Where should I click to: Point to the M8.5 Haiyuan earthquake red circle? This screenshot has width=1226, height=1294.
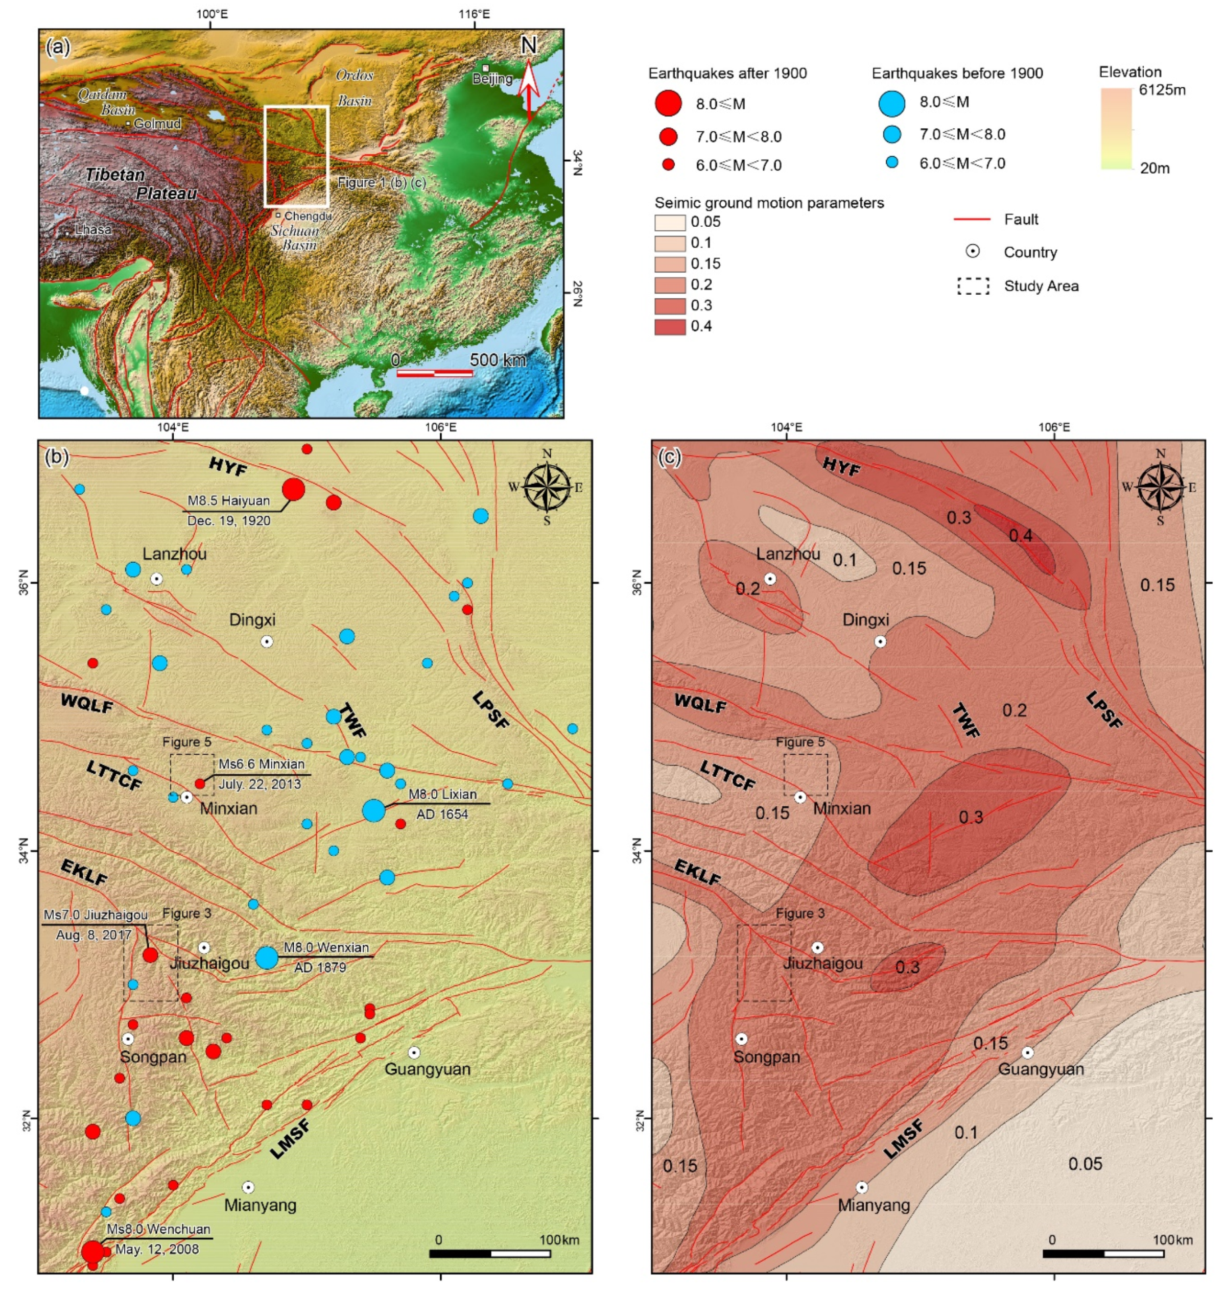pyautogui.click(x=293, y=489)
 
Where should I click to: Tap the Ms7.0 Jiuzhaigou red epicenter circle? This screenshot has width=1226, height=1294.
pyautogui.click(x=150, y=955)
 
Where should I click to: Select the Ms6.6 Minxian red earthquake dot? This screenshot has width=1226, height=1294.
pyautogui.click(x=200, y=783)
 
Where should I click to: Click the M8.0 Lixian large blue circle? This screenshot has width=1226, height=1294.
pyautogui.click(x=374, y=810)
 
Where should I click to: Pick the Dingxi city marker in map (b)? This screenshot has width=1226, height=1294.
pyautogui.click(x=267, y=641)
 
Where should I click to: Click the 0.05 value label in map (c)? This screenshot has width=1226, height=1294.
pyautogui.click(x=1085, y=1163)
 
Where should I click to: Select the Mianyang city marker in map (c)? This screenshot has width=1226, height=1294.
pyautogui.click(x=862, y=1187)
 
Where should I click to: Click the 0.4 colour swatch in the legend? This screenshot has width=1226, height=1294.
pyautogui.click(x=670, y=327)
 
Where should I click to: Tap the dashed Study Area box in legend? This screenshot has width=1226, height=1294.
pyautogui.click(x=973, y=286)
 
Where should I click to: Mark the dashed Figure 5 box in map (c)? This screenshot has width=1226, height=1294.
pyautogui.click(x=805, y=775)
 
